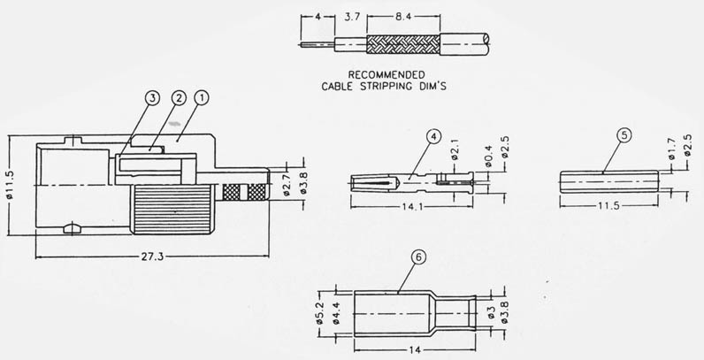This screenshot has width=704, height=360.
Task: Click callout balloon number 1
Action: (202, 97)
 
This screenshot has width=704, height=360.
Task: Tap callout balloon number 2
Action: (179, 98)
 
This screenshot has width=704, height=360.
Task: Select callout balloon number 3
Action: (152, 98)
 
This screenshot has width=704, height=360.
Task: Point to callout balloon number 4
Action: (433, 137)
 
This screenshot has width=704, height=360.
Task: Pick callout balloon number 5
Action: (624, 134)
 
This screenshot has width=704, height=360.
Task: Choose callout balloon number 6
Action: (418, 257)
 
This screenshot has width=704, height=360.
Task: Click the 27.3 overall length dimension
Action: (152, 257)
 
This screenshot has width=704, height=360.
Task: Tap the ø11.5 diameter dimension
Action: (11, 185)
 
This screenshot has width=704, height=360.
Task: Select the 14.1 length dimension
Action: (412, 207)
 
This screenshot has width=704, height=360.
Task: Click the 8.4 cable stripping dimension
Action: (402, 17)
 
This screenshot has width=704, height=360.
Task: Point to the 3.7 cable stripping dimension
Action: (350, 18)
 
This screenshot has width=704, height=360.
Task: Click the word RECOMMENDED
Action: (386, 74)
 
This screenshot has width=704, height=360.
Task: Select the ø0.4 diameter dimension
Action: (489, 157)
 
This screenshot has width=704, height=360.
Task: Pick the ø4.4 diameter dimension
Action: (336, 313)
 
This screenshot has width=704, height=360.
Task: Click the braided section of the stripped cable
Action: (403, 44)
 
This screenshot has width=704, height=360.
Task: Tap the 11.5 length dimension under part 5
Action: (608, 206)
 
